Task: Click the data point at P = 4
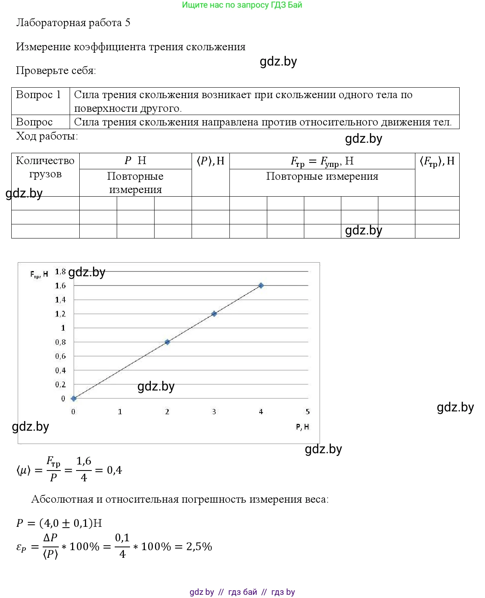click(x=261, y=286)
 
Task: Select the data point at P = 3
click(x=214, y=314)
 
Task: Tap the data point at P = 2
click(x=167, y=342)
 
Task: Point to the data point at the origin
click(x=74, y=399)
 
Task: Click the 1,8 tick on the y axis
click(x=60, y=272)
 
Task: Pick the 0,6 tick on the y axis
click(x=60, y=356)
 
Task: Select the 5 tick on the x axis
click(x=308, y=411)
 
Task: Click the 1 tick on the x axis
click(x=120, y=411)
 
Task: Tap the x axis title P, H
click(x=302, y=427)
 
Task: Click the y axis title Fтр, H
click(x=39, y=274)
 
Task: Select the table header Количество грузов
click(x=45, y=167)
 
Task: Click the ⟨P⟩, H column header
click(x=211, y=161)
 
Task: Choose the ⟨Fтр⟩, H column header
click(x=437, y=161)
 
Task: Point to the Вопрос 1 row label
click(x=38, y=95)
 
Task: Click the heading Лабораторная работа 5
click(x=73, y=23)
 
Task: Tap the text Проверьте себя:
click(x=56, y=71)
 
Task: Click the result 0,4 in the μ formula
click(x=114, y=470)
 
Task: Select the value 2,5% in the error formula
click(x=199, y=547)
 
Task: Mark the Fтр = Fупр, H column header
click(x=322, y=161)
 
